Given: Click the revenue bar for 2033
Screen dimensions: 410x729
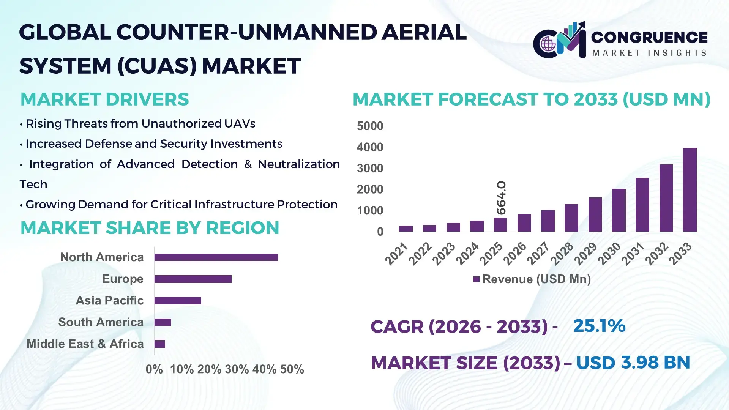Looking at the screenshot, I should (690, 190).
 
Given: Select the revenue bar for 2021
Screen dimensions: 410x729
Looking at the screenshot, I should (406, 229).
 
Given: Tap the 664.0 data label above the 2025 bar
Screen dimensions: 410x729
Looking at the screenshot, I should (501, 198).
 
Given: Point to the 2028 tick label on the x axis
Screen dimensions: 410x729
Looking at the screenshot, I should (562, 254).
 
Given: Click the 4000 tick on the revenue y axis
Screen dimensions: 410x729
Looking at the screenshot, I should (370, 147).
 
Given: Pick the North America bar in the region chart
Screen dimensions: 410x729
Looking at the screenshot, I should (216, 257).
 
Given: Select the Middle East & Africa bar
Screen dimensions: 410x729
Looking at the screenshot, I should (160, 344).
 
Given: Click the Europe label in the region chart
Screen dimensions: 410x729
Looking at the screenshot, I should (123, 279).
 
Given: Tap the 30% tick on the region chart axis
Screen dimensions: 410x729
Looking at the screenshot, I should (237, 369).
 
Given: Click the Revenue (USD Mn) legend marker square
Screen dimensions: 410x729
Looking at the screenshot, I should (476, 280).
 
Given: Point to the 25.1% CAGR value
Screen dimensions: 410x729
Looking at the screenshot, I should (599, 326).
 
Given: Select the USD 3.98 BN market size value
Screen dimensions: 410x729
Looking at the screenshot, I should (633, 363).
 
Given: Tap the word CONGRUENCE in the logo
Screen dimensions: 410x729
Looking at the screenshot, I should (649, 37).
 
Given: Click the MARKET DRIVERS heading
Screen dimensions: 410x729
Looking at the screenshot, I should (104, 99).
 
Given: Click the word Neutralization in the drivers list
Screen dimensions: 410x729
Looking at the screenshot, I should (298, 164).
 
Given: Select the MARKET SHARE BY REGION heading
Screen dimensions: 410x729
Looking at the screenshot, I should (150, 228).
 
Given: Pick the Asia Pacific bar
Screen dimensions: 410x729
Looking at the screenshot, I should (178, 301).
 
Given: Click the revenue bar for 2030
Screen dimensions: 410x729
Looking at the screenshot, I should (619, 210).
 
